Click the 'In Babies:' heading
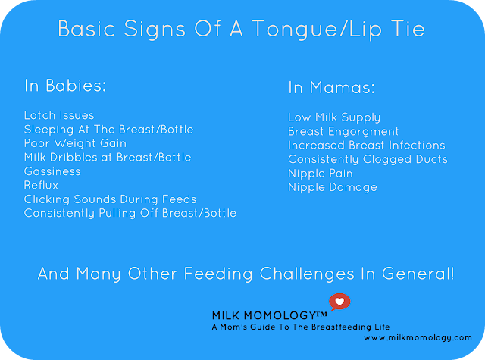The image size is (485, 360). tap(65, 86)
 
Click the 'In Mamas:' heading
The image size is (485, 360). tap(332, 87)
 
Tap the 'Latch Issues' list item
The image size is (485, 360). tap(59, 115)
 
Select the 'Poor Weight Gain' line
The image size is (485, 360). tap(76, 143)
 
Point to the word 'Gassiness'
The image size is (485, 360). tap(52, 171)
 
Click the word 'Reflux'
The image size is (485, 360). tap(41, 185)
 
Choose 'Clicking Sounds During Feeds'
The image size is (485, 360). tap(111, 199)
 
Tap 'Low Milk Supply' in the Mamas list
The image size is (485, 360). tap(334, 117)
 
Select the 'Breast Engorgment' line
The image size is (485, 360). tap(343, 132)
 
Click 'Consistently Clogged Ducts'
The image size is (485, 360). tap(368, 160)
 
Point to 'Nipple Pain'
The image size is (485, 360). tap(321, 174)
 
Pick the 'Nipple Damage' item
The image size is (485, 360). tap(333, 187)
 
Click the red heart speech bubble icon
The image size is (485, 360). tap(339, 302)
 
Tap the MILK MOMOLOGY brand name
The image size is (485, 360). tap(270, 315)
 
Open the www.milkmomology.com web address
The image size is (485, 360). tap(418, 338)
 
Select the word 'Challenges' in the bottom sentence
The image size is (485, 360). tap(307, 274)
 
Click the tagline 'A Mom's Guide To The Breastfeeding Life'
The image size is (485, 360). tap(301, 327)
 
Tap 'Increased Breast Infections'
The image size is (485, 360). tap(367, 146)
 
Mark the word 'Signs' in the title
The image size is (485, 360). tap(155, 30)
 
